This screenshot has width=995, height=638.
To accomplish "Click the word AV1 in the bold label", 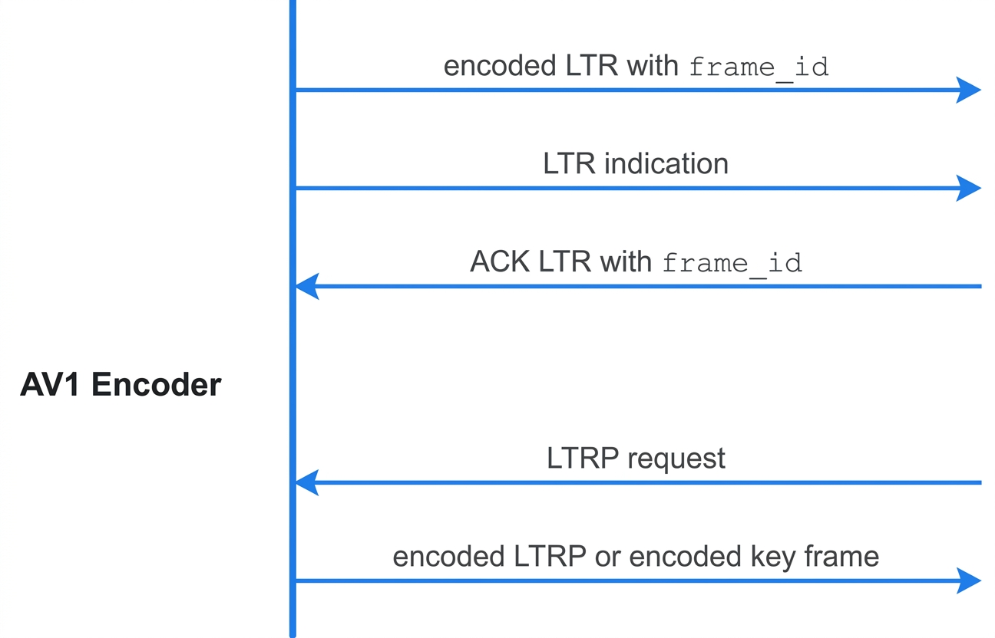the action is [x=50, y=384].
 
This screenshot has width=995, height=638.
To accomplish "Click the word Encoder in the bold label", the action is [x=157, y=384].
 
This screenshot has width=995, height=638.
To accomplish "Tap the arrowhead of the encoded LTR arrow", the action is [x=968, y=90].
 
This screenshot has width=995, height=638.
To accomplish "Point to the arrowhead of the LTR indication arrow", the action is [x=968, y=188].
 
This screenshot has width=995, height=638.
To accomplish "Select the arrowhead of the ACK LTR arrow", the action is [x=307, y=286].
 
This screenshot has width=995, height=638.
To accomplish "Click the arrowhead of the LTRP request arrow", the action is [x=307, y=482].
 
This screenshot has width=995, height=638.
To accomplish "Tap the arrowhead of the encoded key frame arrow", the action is [x=968, y=580].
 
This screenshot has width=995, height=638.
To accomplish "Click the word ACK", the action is [x=499, y=261].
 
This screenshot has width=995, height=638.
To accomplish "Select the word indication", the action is [x=666, y=163].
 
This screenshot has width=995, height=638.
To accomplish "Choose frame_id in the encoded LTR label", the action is [x=759, y=67].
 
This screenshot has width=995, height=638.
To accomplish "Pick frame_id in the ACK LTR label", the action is [x=732, y=264].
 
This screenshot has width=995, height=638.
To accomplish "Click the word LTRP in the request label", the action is [x=583, y=458].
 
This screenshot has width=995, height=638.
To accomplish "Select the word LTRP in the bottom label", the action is [x=550, y=557].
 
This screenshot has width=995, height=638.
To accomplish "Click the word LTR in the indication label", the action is [x=569, y=163].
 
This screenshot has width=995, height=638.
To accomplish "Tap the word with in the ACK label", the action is [x=626, y=261].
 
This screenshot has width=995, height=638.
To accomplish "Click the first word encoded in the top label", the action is [x=500, y=66].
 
